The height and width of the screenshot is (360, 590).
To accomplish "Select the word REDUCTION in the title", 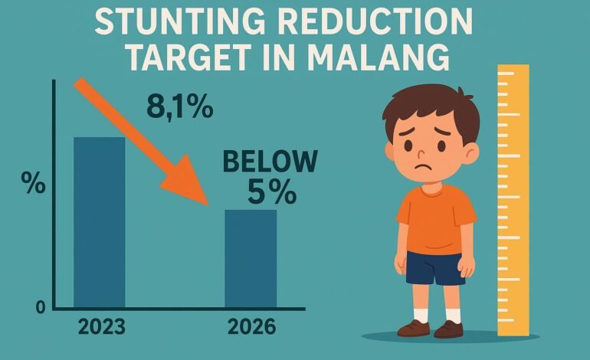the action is tap(376, 21).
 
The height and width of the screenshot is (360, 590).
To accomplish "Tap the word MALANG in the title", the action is tap(379, 57).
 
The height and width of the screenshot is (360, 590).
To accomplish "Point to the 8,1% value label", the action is tap(180, 106).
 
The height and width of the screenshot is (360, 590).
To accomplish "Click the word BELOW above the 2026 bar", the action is tap(270, 161).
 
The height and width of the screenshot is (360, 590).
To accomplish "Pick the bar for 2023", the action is tap(100, 222).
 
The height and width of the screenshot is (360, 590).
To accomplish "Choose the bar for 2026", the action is tap(251, 258).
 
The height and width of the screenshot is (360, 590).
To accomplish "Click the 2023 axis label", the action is tap(102, 326).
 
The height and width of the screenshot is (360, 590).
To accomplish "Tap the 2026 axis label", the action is tap(252, 326).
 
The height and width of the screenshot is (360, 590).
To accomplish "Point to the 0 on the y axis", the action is tap(41, 308).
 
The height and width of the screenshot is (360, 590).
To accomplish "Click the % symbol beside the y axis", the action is tap(33, 183).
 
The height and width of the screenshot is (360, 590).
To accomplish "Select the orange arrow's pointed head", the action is tap(188, 182).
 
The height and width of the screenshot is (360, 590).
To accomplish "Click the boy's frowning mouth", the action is tap(423, 167).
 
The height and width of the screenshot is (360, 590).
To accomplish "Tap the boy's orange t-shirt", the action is tap(436, 219).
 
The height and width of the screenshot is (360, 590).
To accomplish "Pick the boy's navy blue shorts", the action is tap(435, 268).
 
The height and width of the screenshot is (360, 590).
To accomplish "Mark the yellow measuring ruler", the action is tap(513, 200).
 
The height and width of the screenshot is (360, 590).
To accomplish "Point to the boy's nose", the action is tap(421, 152).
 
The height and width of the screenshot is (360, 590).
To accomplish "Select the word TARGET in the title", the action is tap(190, 57).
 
